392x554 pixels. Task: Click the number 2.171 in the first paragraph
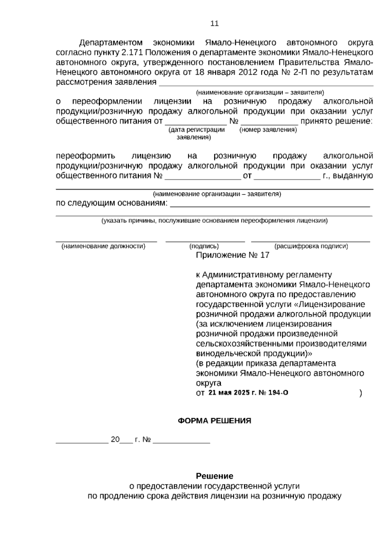point(132,53)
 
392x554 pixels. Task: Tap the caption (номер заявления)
point(268,130)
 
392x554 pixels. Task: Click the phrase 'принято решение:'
point(336,121)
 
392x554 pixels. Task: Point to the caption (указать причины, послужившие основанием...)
point(214,220)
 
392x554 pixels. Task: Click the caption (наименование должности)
point(103,246)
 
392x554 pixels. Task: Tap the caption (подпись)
point(204,246)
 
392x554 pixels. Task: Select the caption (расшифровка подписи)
point(311,246)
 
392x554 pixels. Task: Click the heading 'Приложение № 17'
point(233,255)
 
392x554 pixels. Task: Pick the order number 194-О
point(278,393)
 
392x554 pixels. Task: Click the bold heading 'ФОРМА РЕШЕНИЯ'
point(214,421)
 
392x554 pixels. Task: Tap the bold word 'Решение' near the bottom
point(214,476)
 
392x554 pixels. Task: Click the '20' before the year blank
point(115,439)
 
